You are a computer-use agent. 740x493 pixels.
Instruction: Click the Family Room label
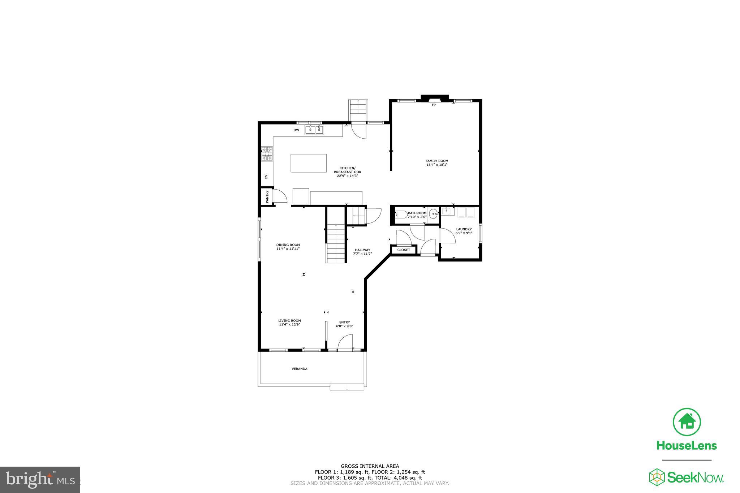click(x=437, y=161)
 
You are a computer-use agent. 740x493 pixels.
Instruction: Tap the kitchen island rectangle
click(x=309, y=163)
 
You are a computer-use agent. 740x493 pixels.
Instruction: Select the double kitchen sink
click(x=314, y=130)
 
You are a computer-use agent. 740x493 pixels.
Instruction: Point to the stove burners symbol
click(x=267, y=153)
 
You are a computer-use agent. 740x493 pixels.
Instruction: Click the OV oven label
click(x=266, y=177)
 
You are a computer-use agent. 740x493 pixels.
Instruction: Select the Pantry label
click(x=267, y=196)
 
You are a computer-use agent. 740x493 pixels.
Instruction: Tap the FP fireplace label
click(x=434, y=105)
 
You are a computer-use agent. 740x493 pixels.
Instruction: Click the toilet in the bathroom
click(x=401, y=215)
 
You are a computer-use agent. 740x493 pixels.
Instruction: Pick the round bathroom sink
click(x=433, y=214)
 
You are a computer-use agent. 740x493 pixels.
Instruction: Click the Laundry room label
click(x=464, y=229)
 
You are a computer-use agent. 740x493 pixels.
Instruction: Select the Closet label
click(x=404, y=250)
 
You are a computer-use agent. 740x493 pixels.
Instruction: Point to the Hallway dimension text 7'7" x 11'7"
click(x=362, y=254)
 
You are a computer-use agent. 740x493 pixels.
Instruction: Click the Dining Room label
click(x=288, y=245)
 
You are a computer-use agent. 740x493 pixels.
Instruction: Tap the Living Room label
click(x=289, y=321)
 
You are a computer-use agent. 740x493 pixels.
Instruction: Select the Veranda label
click(x=300, y=369)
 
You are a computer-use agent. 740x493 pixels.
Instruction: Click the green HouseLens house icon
click(x=687, y=422)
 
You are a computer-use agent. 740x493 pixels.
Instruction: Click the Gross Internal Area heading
click(x=370, y=466)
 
